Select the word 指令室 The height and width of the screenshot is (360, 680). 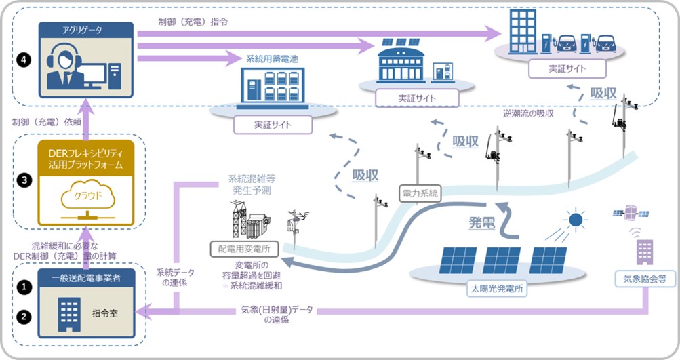point(107,313)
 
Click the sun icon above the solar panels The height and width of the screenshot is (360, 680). point(576,220)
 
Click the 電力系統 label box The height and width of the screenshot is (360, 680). point(420,194)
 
